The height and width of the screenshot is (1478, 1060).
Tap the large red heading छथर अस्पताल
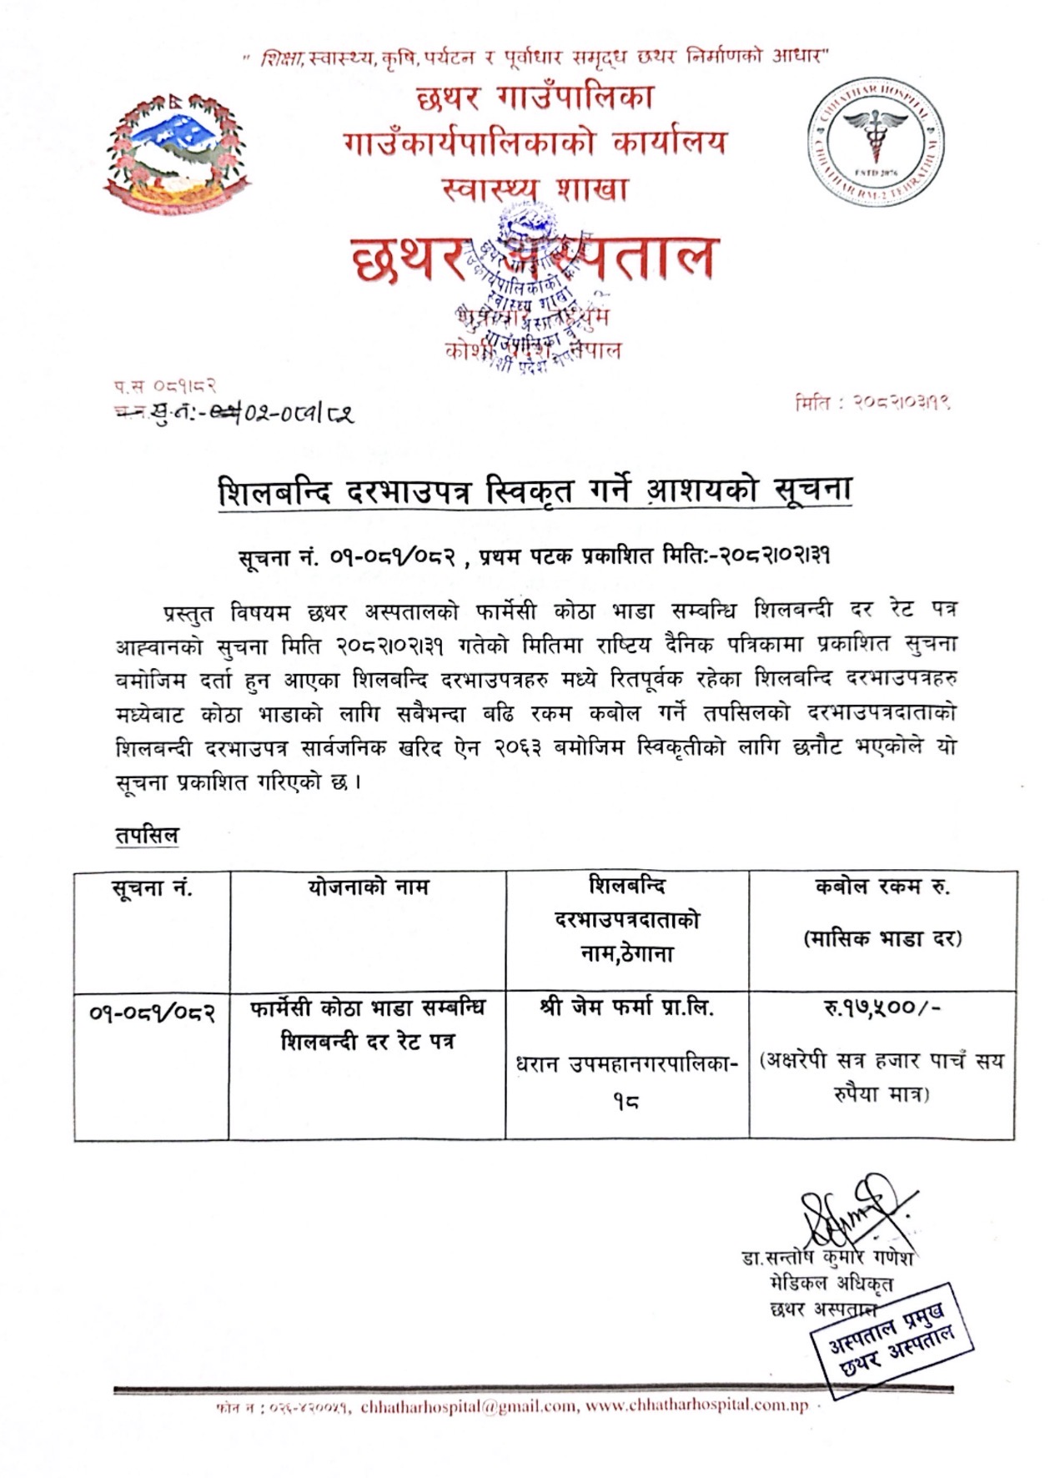pos(534,259)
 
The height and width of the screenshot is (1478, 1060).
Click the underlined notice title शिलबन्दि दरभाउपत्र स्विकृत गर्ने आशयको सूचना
pos(534,491)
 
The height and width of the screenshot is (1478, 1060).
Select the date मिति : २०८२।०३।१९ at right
pos(872,402)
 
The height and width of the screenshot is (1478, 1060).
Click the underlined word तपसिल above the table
pos(147,835)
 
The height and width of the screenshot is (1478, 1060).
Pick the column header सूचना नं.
pos(152,888)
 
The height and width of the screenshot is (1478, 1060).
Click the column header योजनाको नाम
pos(367,887)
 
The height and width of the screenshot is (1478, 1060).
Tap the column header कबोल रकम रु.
pos(882,887)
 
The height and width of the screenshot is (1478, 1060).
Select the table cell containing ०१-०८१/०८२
pos(152,1013)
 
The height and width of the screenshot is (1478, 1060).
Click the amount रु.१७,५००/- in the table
pos(882,1008)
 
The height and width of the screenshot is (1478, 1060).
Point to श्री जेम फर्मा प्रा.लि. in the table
pos(626,1008)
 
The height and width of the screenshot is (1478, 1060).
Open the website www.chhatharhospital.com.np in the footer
pos(696,1405)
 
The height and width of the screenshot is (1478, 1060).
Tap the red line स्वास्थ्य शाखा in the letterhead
pos(534,189)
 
